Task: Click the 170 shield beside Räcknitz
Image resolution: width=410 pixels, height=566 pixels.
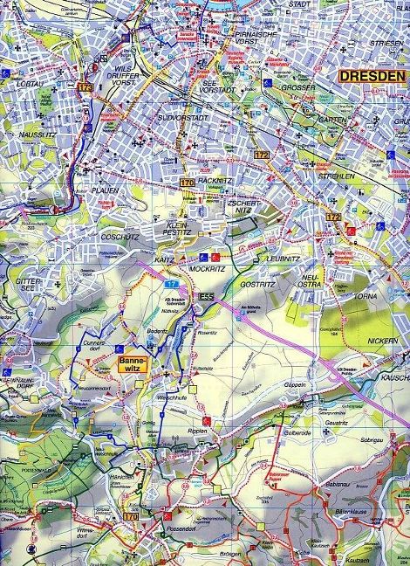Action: click(187, 183)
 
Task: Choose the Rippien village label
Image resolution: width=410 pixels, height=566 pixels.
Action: click(200, 431)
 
